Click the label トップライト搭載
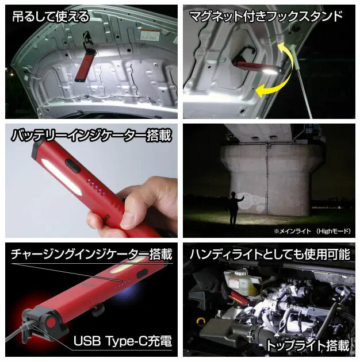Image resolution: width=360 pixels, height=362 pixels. (x=308, y=345)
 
